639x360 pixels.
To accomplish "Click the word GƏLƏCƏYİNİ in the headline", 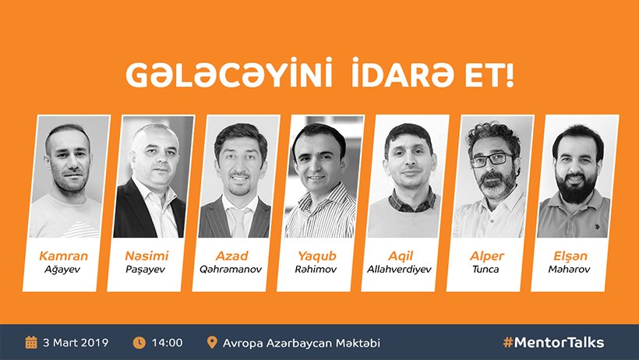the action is (x=229, y=73).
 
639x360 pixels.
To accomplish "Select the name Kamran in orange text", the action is (x=64, y=256).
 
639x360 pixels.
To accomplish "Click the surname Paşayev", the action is (x=146, y=270).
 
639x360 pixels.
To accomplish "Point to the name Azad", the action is (x=232, y=256).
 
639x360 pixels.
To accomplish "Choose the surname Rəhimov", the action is (x=316, y=269).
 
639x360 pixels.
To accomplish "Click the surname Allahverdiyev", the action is (x=399, y=270).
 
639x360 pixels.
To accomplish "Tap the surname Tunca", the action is (x=485, y=269).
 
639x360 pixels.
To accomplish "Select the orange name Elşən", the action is (x=570, y=256).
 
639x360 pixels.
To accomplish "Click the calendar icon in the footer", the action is (x=31, y=343).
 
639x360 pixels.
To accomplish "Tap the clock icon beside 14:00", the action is (x=139, y=343).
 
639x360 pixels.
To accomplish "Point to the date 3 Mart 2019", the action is (x=76, y=343).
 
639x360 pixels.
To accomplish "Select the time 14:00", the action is (x=167, y=343).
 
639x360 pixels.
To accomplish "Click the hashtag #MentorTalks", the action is (x=553, y=343).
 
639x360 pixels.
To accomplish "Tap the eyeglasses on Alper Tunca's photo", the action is (x=491, y=160).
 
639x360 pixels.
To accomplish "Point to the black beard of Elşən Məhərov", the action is (x=576, y=188).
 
